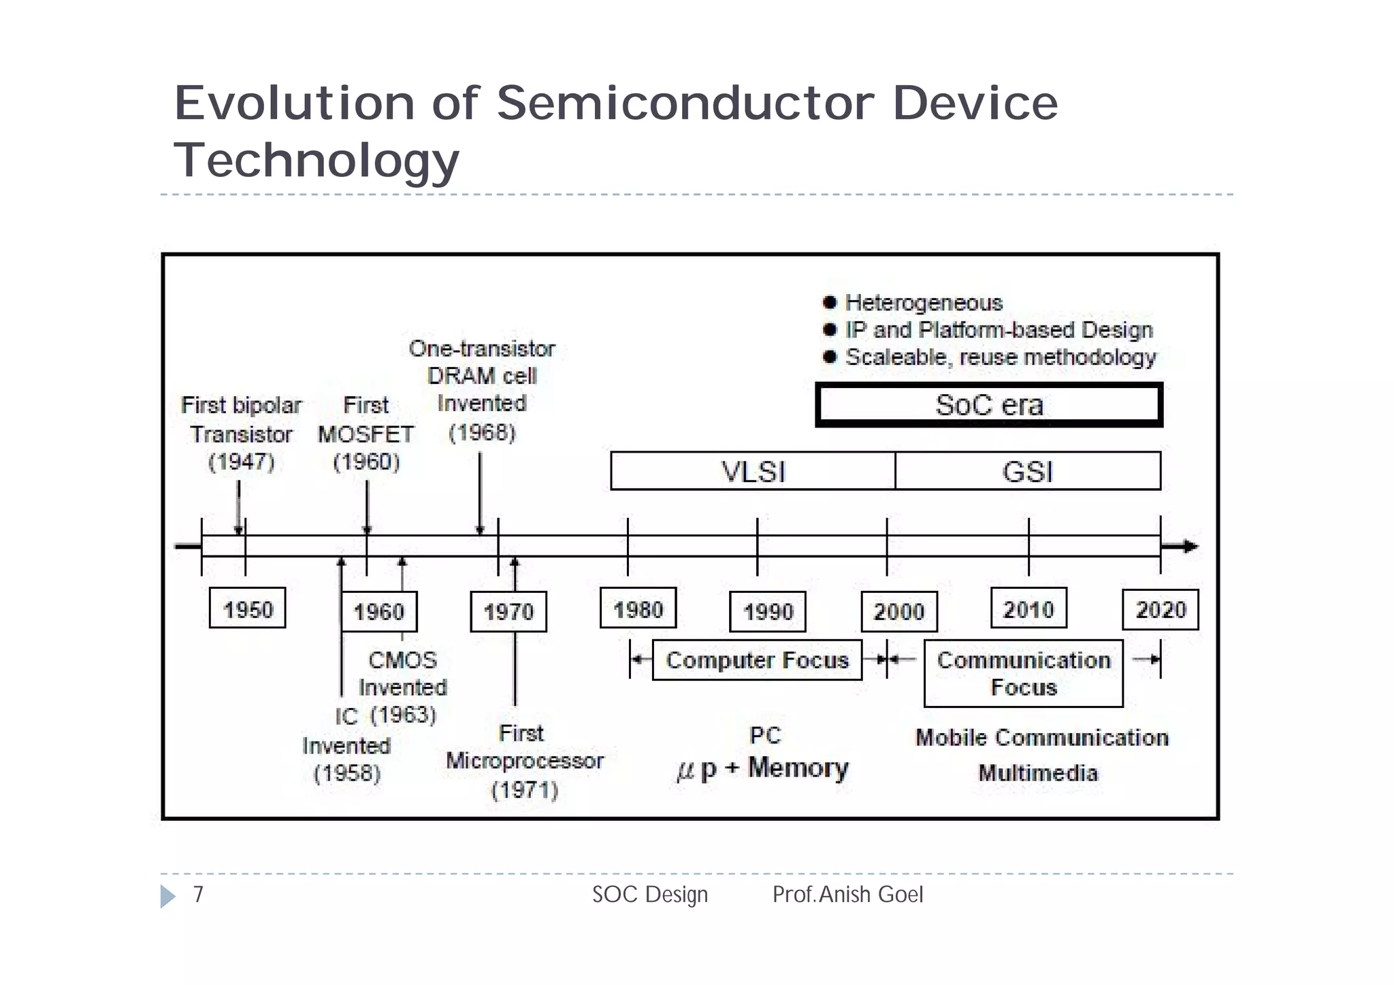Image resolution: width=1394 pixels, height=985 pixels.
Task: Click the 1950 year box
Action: coord(247,608)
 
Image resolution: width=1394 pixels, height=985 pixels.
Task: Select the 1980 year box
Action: coord(638,608)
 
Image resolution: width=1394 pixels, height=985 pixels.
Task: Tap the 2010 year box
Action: coord(1028,608)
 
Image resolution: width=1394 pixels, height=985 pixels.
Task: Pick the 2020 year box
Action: coord(1160,609)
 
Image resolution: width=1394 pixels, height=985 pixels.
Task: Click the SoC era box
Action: coord(989,405)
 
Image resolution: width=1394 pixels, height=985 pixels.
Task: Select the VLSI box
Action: coord(753,471)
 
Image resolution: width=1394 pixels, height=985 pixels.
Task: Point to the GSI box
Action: coord(1028,471)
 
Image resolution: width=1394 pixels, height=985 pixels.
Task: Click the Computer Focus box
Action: coord(757,660)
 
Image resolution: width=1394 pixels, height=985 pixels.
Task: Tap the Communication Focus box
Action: coord(1023,673)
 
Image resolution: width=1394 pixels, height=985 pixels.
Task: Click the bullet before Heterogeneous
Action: coord(829,302)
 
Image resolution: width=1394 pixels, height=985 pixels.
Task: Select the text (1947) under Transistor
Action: coord(241,462)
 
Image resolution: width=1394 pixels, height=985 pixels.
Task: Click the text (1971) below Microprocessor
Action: coord(524,790)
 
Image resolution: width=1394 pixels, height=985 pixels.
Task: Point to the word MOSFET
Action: coord(366,434)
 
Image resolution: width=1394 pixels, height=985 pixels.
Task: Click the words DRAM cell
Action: coord(482,376)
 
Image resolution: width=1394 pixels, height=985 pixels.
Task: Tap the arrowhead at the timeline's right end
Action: coord(1188,546)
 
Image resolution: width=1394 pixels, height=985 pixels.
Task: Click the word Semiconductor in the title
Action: coord(685,103)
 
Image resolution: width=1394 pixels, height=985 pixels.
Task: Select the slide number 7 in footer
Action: coord(198,894)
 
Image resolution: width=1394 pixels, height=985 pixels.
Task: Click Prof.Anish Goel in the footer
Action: coord(847,894)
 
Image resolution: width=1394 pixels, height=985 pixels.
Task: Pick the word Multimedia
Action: coord(1038,773)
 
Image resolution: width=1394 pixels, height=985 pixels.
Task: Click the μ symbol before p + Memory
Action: coord(685,771)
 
